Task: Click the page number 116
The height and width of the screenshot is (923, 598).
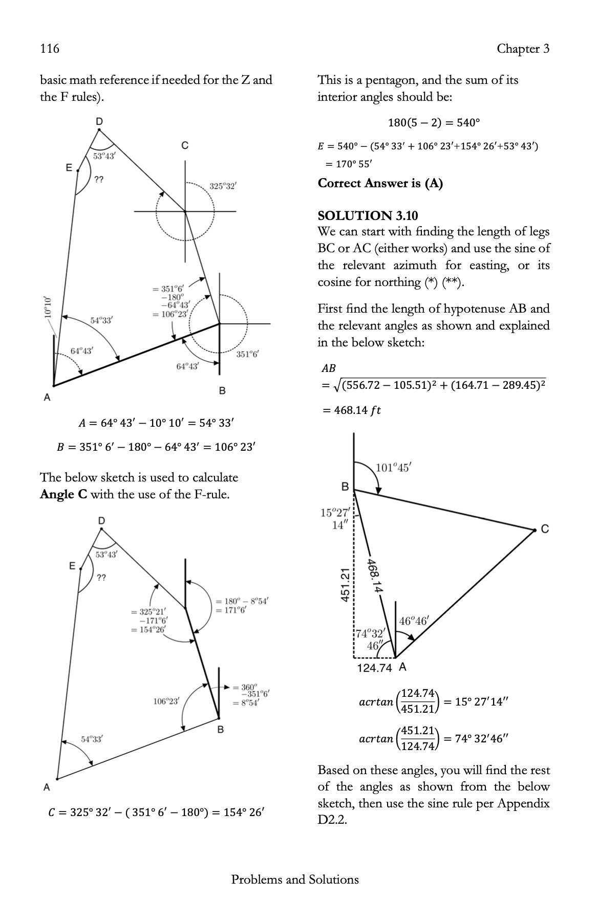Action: tap(50, 49)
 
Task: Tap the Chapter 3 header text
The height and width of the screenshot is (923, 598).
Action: tap(523, 49)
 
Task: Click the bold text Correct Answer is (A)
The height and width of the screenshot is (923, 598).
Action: tap(380, 183)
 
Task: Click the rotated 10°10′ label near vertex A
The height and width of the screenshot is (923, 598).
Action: tap(48, 307)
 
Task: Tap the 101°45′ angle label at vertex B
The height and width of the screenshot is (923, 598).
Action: tap(393, 468)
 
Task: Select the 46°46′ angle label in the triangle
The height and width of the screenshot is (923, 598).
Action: tap(413, 621)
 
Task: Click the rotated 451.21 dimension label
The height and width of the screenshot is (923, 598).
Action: tap(346, 584)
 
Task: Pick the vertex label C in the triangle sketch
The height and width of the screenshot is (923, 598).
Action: tap(545, 529)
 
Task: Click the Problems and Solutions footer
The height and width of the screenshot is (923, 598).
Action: tap(295, 880)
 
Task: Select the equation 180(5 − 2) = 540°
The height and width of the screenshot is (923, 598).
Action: tap(434, 123)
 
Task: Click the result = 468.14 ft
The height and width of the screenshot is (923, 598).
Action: tap(352, 410)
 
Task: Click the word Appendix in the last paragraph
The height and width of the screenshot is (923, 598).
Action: tap(525, 803)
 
